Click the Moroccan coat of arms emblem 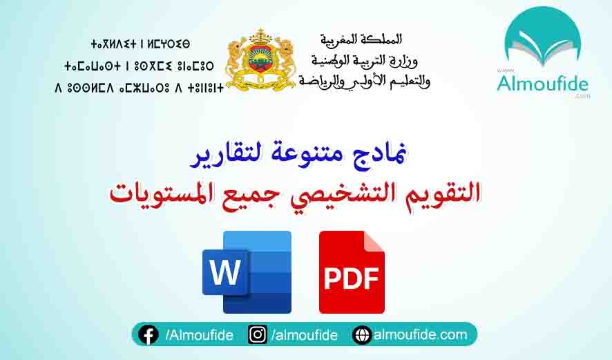260,59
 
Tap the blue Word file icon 247,272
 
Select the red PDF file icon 352,272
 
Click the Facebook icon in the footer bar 148,335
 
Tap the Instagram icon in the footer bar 258,335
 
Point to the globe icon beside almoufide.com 361,335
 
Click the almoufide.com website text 421,335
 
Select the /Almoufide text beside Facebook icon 199,335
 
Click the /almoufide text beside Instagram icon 305,335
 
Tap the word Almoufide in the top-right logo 542,85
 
